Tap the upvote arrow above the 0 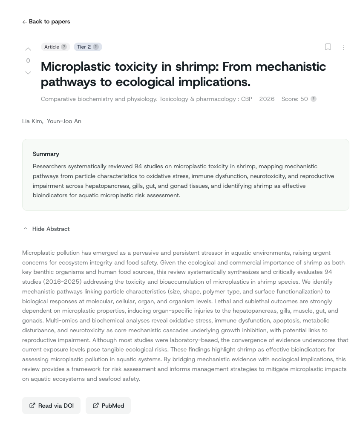[x=28, y=49]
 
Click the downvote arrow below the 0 [x=28, y=73]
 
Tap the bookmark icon [x=328, y=47]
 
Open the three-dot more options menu [x=343, y=47]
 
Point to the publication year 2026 [x=267, y=99]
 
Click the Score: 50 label [x=294, y=99]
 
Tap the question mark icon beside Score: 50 [x=314, y=99]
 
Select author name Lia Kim [x=32, y=121]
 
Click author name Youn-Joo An [x=64, y=121]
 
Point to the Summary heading [x=46, y=154]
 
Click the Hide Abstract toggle [x=46, y=229]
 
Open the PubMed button [x=108, y=406]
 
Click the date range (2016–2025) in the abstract [x=63, y=282]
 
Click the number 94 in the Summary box [x=138, y=166]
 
